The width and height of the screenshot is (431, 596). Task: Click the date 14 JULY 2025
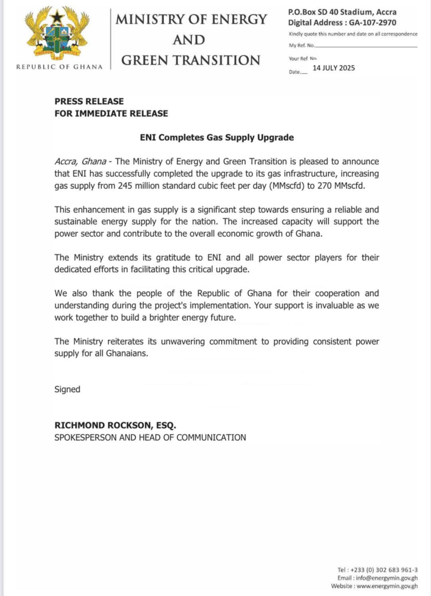coord(333,68)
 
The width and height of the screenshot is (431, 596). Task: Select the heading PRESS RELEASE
coord(89,101)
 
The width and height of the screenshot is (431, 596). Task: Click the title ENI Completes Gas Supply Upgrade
coord(217,138)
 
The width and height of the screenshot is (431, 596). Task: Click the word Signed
coord(67,389)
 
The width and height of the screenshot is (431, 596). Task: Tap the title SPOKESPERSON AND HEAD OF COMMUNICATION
coord(150,437)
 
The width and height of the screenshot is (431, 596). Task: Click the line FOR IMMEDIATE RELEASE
coord(111,113)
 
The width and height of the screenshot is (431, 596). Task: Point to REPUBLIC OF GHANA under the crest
coord(59,66)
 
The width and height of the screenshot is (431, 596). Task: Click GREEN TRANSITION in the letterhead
coord(190,60)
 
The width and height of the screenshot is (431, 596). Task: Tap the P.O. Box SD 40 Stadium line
coord(343,12)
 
